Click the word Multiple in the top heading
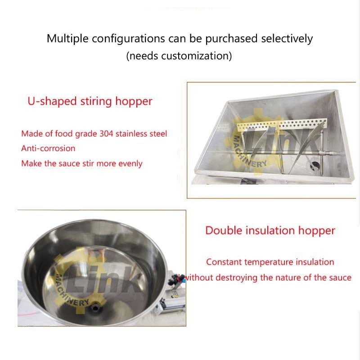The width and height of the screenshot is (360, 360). click(x=67, y=39)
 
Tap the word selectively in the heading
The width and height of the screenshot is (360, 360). click(x=287, y=38)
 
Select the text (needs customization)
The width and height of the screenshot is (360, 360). click(x=179, y=56)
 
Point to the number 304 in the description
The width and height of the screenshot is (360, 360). click(x=106, y=134)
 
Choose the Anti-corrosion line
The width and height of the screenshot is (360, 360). click(x=48, y=148)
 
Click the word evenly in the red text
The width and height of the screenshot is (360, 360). click(x=130, y=164)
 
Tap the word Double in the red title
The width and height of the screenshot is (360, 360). click(x=224, y=230)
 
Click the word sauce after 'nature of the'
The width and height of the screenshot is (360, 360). click(x=340, y=278)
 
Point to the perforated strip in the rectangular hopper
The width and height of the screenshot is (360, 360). click(x=282, y=124)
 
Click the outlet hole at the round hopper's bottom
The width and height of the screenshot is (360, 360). click(x=95, y=307)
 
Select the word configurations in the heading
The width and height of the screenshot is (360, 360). click(x=128, y=39)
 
